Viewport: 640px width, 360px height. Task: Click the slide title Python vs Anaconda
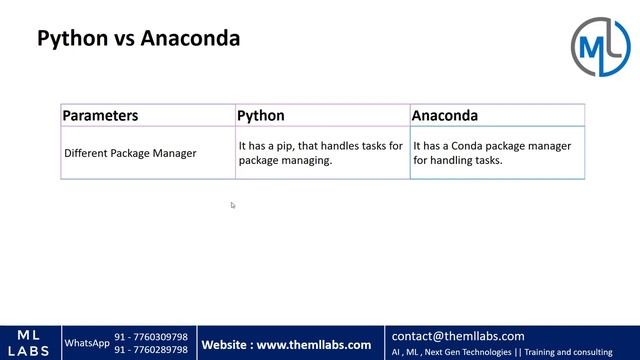(x=138, y=40)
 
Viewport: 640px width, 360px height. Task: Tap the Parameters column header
(x=100, y=116)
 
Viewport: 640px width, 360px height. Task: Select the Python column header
(x=261, y=116)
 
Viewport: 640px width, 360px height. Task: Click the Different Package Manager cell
(x=130, y=153)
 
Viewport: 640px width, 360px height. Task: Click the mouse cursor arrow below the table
(x=232, y=205)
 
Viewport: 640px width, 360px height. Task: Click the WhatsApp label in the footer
(x=87, y=343)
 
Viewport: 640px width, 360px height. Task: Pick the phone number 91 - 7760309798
(x=151, y=337)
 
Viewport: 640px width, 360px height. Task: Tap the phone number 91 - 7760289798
(x=151, y=350)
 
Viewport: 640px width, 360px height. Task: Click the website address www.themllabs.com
(x=314, y=345)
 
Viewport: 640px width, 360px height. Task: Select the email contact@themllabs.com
(x=458, y=336)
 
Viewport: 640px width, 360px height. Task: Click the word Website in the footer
(x=225, y=345)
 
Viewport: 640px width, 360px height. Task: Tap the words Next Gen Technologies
(x=467, y=352)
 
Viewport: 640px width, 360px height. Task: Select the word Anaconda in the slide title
(x=190, y=40)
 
